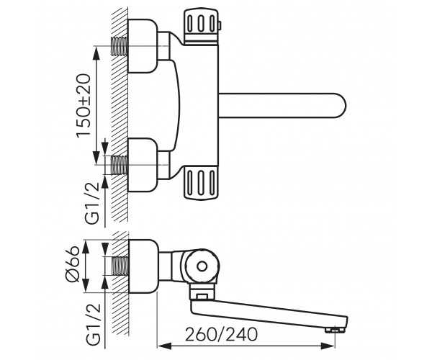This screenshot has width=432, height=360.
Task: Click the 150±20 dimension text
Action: (84, 106)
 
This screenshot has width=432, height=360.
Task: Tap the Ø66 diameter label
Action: (73, 264)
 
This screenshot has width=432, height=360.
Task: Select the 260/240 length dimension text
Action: (221, 334)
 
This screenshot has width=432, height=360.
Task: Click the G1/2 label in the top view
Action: (91, 204)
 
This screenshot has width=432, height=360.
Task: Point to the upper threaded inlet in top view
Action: (119, 46)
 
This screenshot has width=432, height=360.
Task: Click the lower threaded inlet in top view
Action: (119, 165)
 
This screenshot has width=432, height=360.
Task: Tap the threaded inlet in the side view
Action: (120, 266)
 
